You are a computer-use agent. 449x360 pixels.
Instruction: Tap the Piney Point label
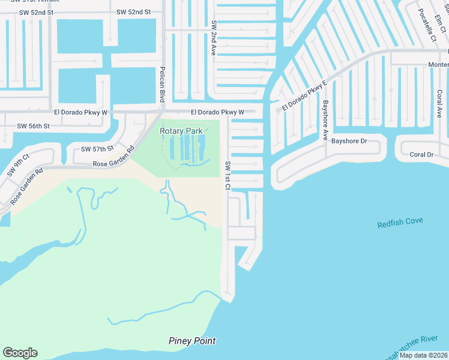[191, 341]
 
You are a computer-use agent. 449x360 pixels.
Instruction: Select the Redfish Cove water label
[400, 224]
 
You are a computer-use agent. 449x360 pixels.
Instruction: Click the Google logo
[20, 353]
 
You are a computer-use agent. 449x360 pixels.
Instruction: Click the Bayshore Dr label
[349, 141]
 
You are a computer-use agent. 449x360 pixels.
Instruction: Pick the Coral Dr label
[421, 155]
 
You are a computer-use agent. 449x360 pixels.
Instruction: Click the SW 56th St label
[33, 126]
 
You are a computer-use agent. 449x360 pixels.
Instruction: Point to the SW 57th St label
[97, 149]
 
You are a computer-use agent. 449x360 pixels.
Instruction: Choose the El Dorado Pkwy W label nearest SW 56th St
[80, 112]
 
